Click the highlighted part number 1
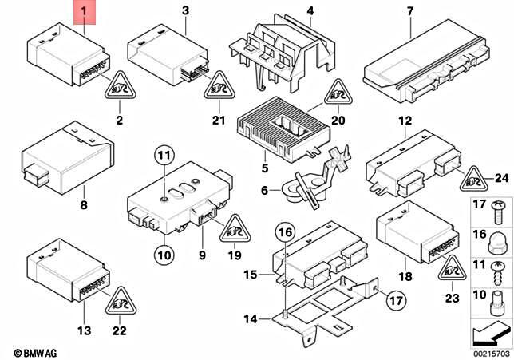pos(85,12)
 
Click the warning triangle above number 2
pos(118,85)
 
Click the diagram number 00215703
pos(490,352)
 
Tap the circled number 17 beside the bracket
pos(396,300)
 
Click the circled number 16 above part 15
pos(286,233)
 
